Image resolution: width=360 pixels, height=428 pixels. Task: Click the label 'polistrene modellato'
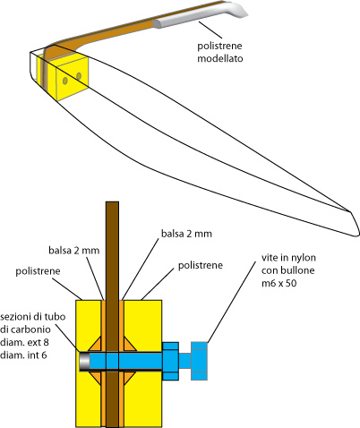point(219,52)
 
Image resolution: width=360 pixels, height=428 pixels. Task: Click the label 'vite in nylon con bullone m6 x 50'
point(288,270)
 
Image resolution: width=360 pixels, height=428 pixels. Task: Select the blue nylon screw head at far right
point(199,361)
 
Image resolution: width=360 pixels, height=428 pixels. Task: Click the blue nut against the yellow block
point(170,361)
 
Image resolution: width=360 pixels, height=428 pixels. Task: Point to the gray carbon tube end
point(84,361)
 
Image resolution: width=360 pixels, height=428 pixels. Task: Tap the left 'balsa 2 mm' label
point(74,250)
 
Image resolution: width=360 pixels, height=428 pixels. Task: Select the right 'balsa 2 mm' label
point(186,234)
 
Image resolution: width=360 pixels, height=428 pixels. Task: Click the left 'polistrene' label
point(38,271)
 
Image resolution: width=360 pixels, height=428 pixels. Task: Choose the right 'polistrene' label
point(201,265)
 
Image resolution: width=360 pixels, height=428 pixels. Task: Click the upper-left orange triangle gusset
point(96,346)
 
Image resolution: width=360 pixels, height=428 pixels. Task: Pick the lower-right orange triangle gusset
point(130,377)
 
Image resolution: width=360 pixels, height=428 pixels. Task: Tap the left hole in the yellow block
point(65,81)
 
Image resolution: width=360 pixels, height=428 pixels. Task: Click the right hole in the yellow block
point(79,76)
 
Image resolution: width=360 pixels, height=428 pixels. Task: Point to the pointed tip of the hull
point(350,211)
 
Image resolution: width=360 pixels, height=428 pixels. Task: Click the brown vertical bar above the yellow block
point(112,251)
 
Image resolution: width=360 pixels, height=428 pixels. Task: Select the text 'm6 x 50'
point(279,283)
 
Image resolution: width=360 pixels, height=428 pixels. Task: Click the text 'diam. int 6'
point(23,355)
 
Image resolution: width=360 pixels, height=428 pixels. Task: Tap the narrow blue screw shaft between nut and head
point(184,361)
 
